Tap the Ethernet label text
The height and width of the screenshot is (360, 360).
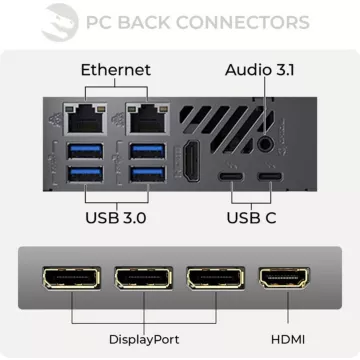[115, 70]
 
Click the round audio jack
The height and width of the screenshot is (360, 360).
[265, 145]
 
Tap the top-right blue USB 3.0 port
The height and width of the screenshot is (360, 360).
[146, 151]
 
